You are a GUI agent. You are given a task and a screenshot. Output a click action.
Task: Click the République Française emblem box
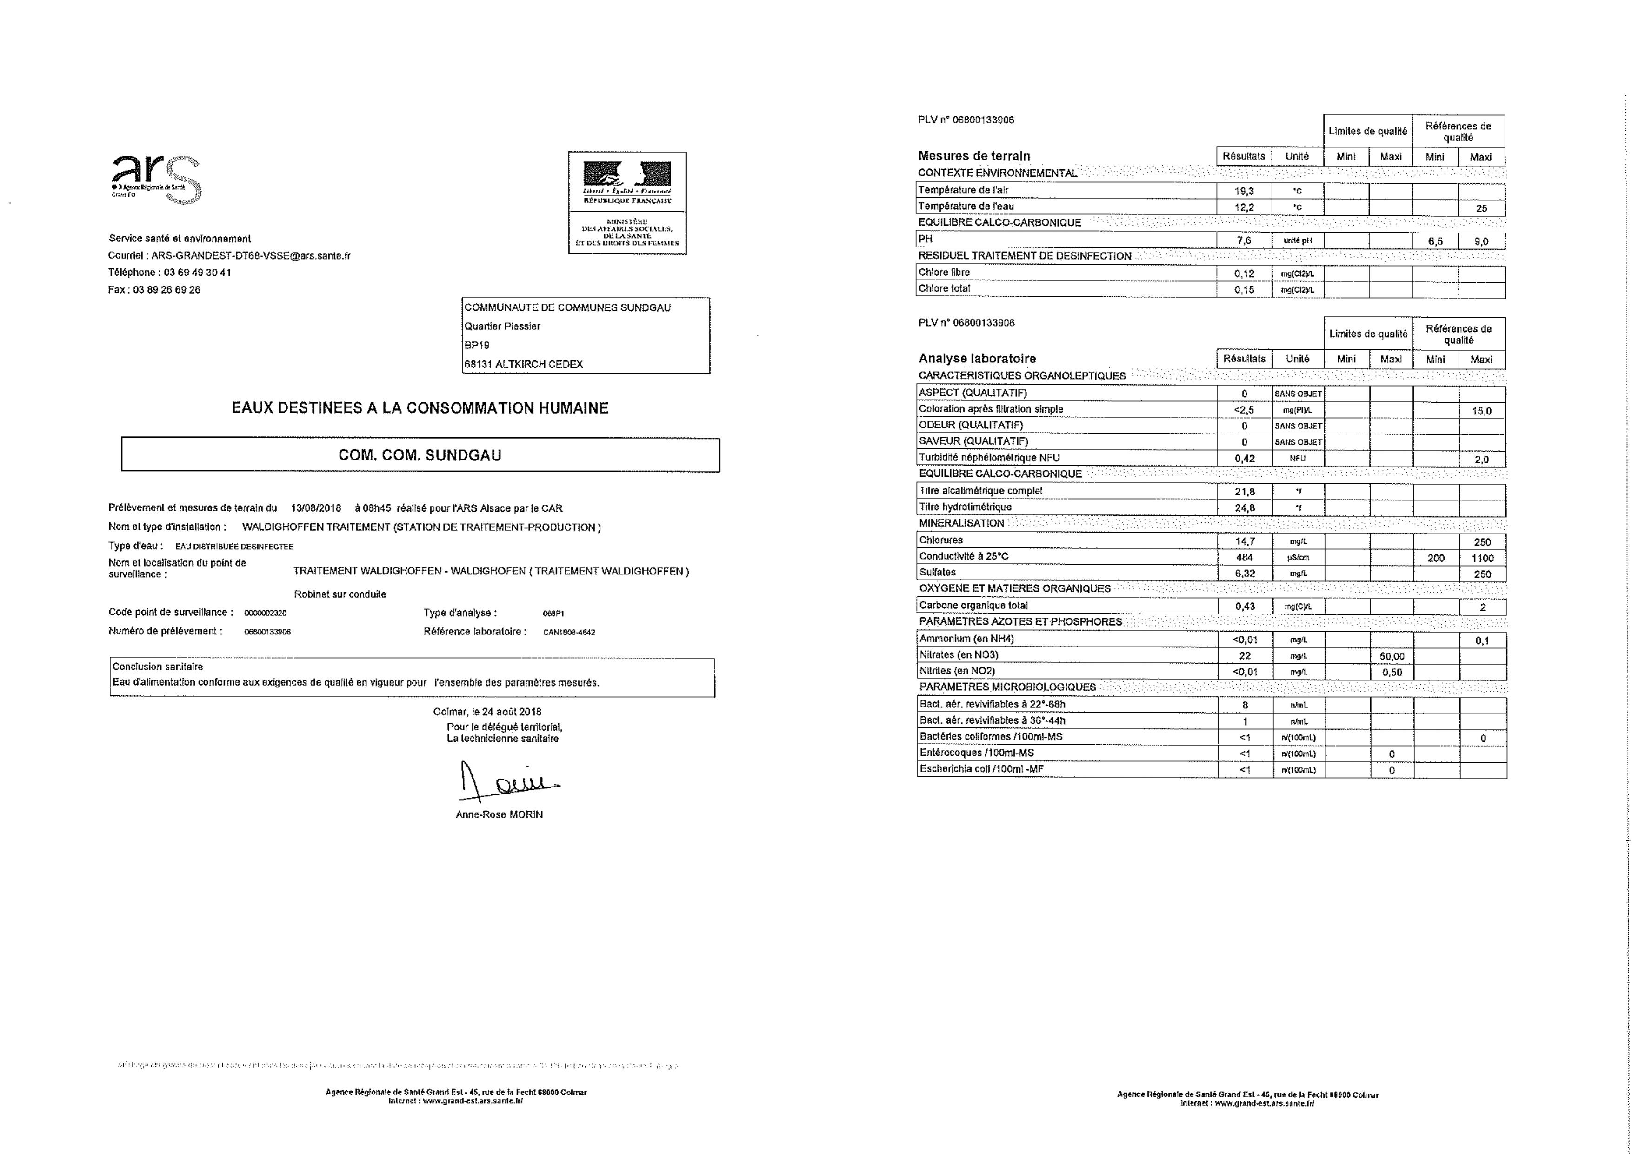click(627, 203)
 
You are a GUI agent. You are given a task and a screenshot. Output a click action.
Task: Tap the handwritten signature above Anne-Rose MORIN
click(506, 782)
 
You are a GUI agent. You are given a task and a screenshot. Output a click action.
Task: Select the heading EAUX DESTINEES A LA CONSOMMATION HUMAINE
click(420, 408)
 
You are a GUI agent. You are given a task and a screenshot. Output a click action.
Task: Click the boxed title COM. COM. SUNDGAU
click(420, 455)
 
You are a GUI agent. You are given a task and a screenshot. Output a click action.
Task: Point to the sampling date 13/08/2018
click(316, 508)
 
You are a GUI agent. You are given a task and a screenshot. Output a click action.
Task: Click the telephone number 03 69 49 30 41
click(198, 272)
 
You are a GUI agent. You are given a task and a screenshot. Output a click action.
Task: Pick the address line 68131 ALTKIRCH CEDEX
click(523, 364)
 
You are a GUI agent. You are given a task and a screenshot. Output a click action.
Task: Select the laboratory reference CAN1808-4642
click(569, 632)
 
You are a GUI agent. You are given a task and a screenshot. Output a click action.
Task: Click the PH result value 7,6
click(1244, 240)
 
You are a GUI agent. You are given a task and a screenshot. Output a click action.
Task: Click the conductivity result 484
click(1244, 557)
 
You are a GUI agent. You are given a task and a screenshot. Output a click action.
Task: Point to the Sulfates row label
click(938, 573)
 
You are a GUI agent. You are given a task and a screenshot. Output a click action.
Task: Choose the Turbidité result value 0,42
click(1244, 459)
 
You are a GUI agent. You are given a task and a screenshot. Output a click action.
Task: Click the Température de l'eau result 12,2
click(1244, 207)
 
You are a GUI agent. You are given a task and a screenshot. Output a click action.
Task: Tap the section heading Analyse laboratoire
click(977, 358)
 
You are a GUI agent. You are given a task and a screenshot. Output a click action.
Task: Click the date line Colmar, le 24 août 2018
click(487, 712)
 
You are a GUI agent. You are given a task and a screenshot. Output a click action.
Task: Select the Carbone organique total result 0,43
click(1245, 607)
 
